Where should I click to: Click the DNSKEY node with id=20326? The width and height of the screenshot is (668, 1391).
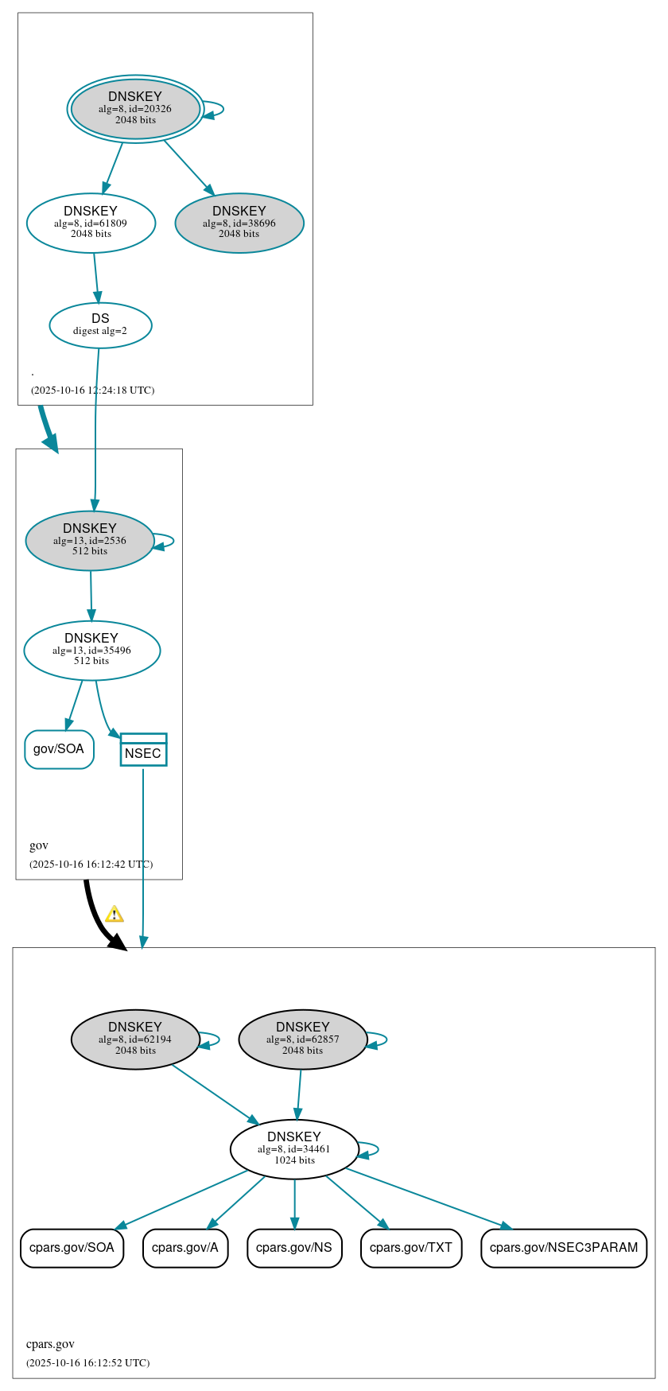135,109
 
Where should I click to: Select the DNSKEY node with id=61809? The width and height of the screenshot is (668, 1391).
91,223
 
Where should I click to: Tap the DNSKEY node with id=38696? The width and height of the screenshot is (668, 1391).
239,223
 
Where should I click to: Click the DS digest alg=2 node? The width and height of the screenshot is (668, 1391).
100,324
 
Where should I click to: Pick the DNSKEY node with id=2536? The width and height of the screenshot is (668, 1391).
90,540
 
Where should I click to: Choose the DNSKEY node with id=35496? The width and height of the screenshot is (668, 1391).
91,650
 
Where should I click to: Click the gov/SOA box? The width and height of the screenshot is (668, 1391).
59,749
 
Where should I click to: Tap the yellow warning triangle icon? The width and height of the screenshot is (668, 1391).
115,914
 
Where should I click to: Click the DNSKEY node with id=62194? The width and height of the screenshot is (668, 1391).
135,1039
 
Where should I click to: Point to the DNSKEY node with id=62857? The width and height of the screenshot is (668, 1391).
302,1039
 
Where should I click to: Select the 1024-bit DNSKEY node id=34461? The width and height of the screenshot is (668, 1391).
294,1148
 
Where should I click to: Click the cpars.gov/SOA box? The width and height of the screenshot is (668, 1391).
72,1247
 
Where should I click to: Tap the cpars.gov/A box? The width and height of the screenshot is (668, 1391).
185,1247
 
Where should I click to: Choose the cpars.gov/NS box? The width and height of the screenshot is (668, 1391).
294,1247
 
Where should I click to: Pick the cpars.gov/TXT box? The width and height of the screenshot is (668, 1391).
410,1247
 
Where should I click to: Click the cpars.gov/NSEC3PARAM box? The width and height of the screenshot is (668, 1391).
564,1247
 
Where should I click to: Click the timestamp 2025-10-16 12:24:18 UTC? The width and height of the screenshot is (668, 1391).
92,390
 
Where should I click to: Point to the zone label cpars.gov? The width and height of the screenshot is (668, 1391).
50,1344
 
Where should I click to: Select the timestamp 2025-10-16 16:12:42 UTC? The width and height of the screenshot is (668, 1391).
91,865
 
